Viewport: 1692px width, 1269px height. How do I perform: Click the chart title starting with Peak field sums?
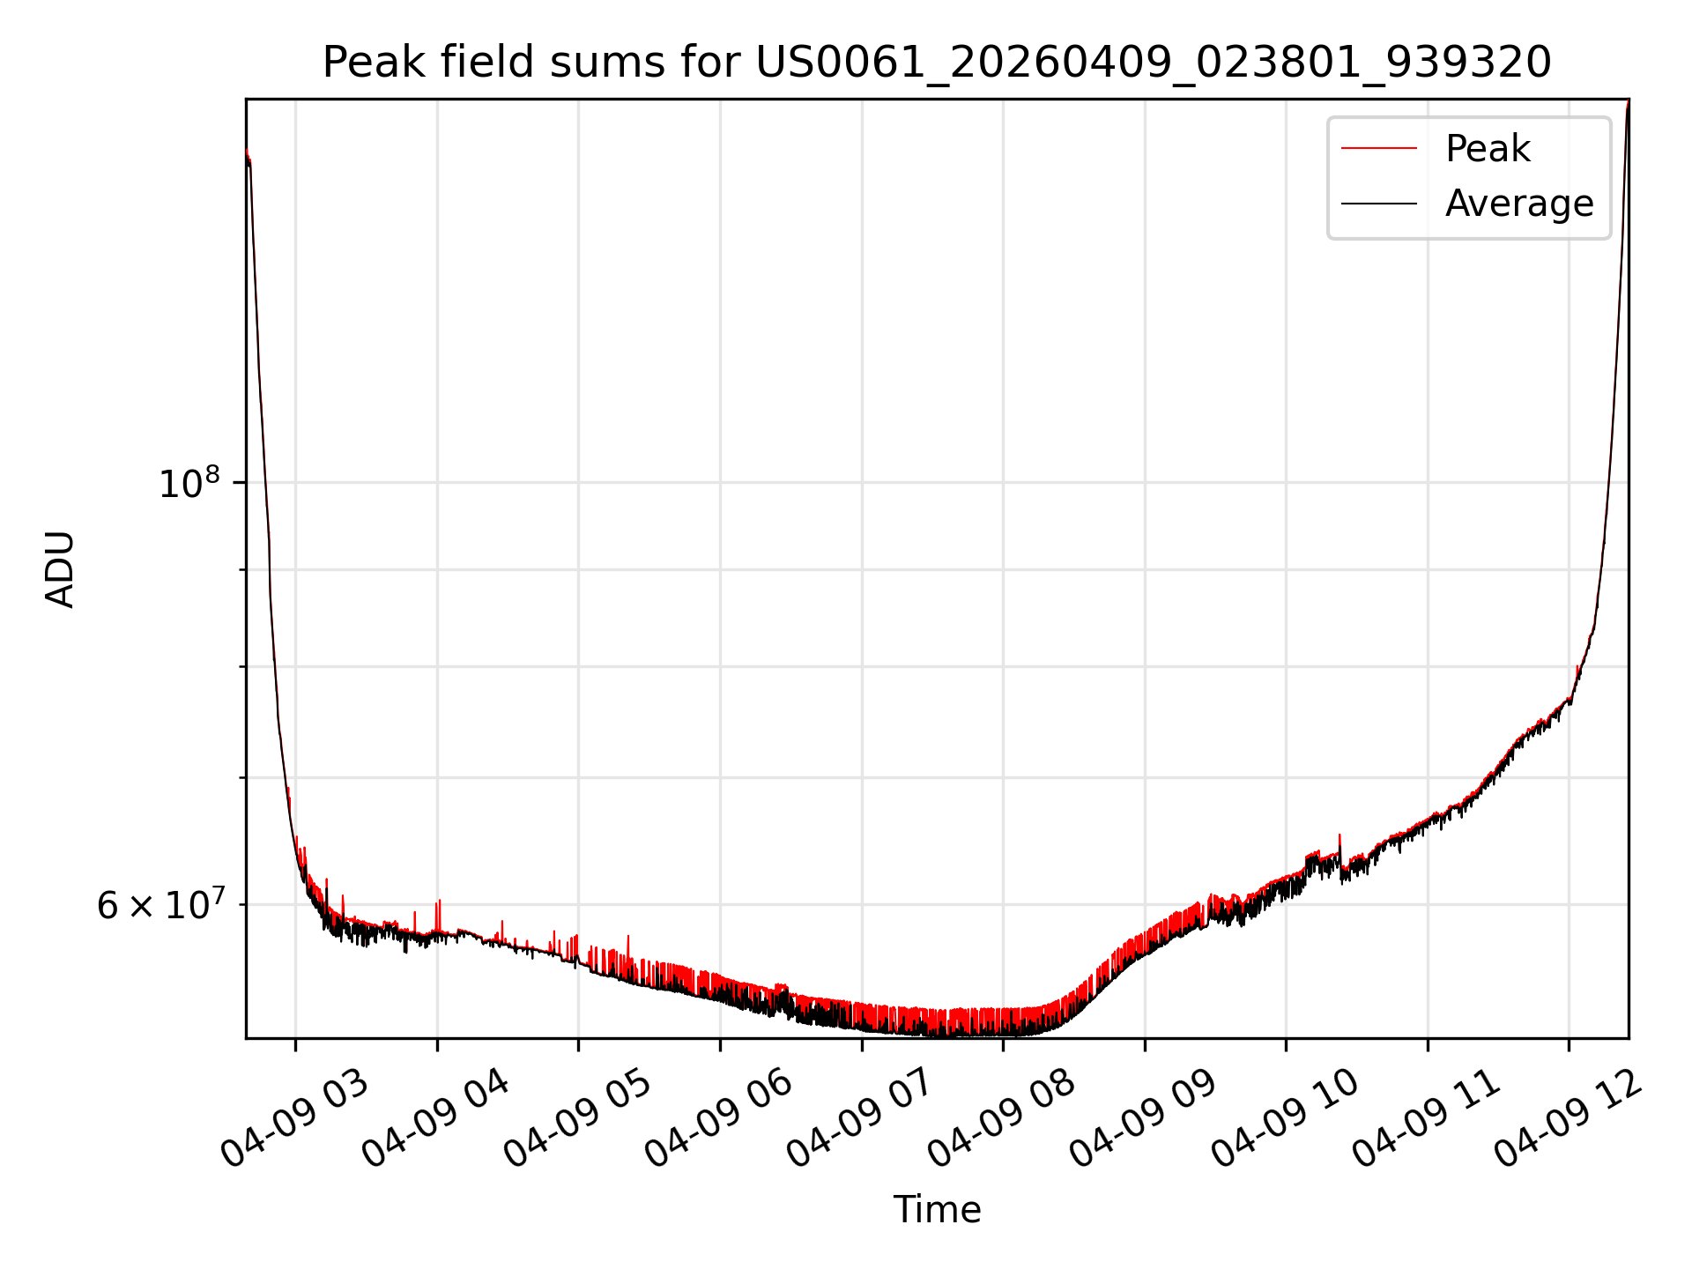[937, 63]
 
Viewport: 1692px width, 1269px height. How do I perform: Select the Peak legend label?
[1488, 149]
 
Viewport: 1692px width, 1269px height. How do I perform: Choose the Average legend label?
[1519, 204]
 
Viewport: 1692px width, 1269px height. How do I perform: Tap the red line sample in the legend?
[1379, 149]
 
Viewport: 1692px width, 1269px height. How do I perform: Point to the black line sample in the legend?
[1379, 204]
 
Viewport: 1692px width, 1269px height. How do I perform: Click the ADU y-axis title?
[60, 569]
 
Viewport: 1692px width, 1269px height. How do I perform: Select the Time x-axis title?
[937, 1210]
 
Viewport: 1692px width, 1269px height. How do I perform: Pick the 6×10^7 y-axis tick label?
[160, 905]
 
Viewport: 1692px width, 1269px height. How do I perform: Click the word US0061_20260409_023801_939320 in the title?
[1154, 63]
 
